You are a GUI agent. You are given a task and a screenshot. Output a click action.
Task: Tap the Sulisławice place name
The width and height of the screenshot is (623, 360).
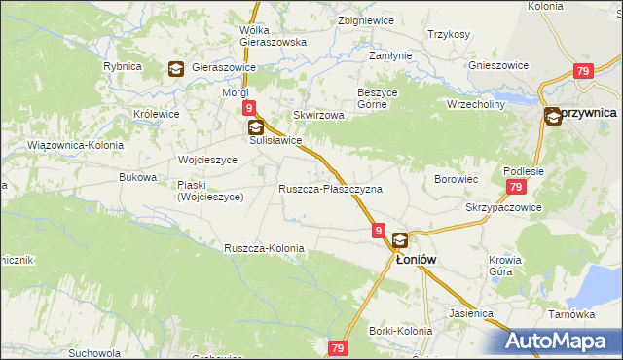coord(275,141)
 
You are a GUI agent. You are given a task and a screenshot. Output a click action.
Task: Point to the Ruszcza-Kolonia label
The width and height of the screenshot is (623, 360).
coord(264,248)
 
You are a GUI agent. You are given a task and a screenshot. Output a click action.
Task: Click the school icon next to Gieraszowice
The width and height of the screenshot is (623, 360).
coord(176,68)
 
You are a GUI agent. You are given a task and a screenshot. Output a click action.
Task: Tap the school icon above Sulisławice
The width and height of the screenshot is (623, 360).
coord(255,126)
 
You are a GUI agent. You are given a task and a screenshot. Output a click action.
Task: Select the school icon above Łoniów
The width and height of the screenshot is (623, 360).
coord(400,240)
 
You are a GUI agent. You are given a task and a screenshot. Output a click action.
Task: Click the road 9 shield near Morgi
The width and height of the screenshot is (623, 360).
coord(250,108)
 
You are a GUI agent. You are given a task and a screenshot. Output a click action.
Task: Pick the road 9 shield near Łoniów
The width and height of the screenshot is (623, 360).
coord(378,231)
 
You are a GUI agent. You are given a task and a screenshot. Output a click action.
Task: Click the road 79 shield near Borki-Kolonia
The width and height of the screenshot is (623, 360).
coord(338,347)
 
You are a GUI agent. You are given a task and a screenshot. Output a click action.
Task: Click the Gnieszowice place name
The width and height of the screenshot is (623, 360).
coord(498,65)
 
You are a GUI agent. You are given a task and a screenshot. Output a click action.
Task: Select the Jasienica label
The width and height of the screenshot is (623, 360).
coord(472,314)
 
